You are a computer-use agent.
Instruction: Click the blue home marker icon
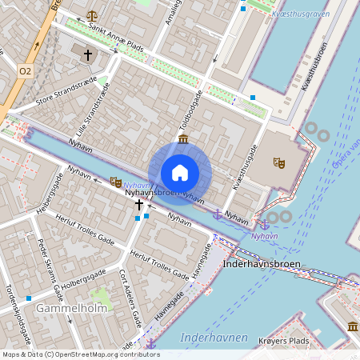[180, 173]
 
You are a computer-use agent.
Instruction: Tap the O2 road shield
[26, 71]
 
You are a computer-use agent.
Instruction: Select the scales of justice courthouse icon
[92, 15]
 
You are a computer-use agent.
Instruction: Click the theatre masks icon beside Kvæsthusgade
[278, 162]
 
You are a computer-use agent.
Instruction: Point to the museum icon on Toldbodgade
[183, 140]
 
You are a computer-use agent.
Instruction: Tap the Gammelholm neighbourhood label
[55, 308]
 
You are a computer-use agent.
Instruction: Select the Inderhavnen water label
[214, 338]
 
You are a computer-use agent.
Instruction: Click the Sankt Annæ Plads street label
[115, 37]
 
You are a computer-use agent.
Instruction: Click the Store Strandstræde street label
[67, 94]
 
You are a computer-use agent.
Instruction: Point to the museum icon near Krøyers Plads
[353, 326]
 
